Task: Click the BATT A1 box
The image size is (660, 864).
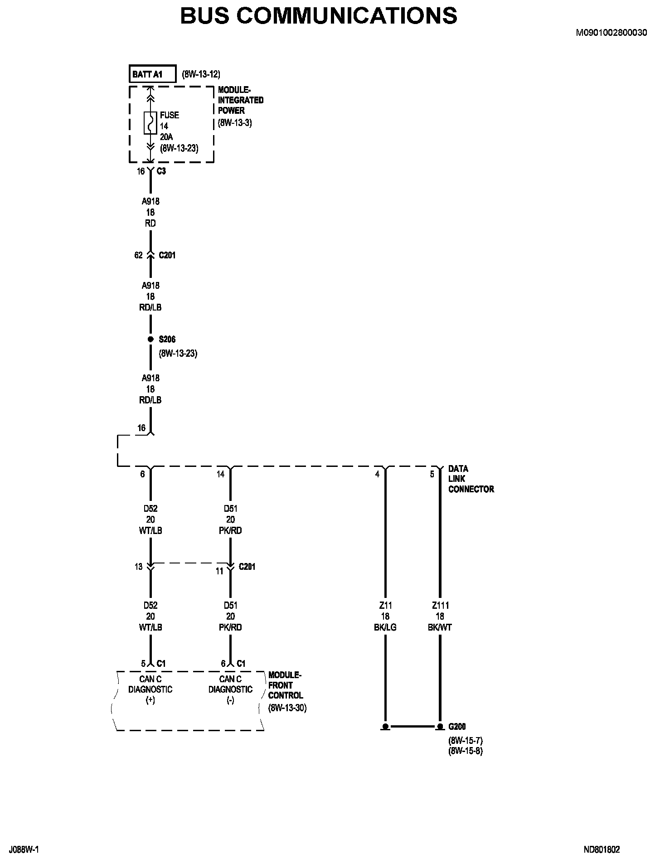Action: pos(152,74)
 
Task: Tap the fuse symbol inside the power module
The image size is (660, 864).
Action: pos(150,123)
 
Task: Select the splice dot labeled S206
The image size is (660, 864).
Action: pos(150,339)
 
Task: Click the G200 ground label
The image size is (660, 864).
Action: pos(457,727)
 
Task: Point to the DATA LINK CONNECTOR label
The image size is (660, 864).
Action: pos(471,479)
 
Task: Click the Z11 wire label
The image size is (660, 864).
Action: pos(385,606)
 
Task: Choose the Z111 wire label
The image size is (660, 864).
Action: pos(440,606)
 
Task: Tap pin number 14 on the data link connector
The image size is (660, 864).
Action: pos(220,474)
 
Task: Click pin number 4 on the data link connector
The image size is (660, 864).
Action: pos(377,474)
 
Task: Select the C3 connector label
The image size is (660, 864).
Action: pos(161,171)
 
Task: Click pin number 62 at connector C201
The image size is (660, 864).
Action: pos(138,255)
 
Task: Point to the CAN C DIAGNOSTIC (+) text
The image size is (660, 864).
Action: pos(150,689)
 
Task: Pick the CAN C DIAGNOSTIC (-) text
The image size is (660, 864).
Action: pos(230,689)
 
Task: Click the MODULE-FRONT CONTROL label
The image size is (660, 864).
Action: pos(285,685)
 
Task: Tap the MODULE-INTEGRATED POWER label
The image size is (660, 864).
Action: pos(240,100)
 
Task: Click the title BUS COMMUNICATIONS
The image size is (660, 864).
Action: pos(319,16)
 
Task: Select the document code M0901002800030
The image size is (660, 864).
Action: pos(611,33)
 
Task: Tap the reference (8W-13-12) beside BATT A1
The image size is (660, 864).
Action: pos(201,74)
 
